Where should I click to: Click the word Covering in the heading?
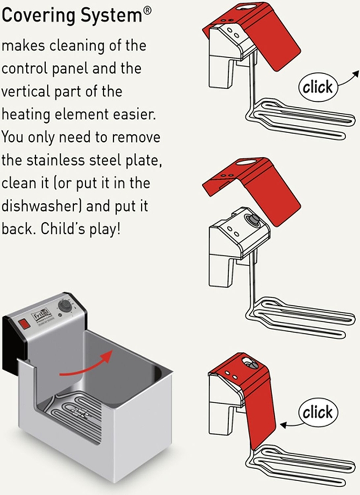(39, 16)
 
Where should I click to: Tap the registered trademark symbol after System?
(147, 11)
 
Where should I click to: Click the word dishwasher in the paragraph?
(40, 206)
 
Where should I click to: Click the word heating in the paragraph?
(26, 115)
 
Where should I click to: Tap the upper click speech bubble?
(318, 87)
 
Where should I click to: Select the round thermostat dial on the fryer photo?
(64, 306)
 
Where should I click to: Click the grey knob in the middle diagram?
(252, 219)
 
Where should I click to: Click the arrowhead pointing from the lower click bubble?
(283, 425)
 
